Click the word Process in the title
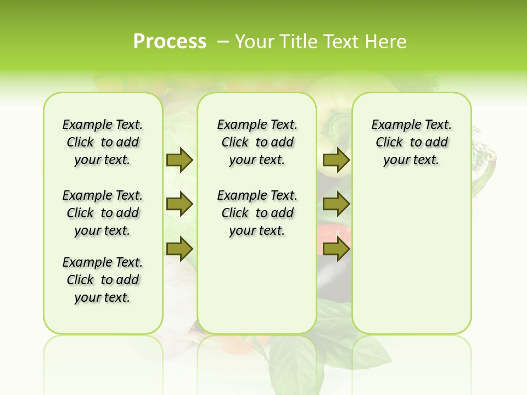(170, 41)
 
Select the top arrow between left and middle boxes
(180, 160)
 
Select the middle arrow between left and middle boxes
(180, 205)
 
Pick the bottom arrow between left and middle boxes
(180, 249)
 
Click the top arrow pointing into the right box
(336, 160)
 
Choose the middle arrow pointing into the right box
(336, 205)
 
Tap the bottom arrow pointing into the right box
(336, 249)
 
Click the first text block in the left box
(103, 142)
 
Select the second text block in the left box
(103, 213)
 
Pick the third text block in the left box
(103, 280)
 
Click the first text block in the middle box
(257, 142)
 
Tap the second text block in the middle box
(257, 213)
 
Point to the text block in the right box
(411, 142)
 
